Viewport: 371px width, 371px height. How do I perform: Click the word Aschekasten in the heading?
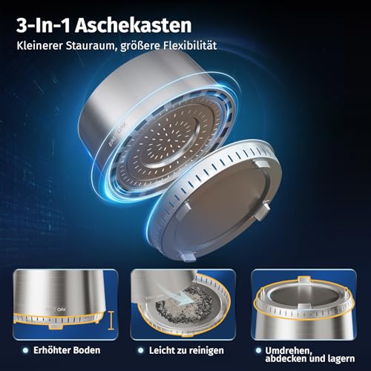pyautogui.click(x=134, y=25)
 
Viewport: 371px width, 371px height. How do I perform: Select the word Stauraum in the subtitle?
pyautogui.click(x=91, y=45)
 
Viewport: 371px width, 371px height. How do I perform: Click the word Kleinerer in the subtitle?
pyautogui.click(x=39, y=45)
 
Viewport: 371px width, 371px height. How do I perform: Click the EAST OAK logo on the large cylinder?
pyautogui.click(x=118, y=134)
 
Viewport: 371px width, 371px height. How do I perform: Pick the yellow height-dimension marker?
pyautogui.click(x=111, y=321)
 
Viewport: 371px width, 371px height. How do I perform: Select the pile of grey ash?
pyautogui.click(x=184, y=305)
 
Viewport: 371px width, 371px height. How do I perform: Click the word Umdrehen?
pyautogui.click(x=288, y=351)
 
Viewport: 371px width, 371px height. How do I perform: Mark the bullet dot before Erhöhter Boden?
pyautogui.click(x=25, y=350)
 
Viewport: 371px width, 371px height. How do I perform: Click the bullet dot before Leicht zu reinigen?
pyautogui.click(x=141, y=350)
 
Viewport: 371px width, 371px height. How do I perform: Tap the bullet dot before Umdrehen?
pyautogui.click(x=258, y=350)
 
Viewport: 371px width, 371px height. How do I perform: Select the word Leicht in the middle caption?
pyautogui.click(x=161, y=350)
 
